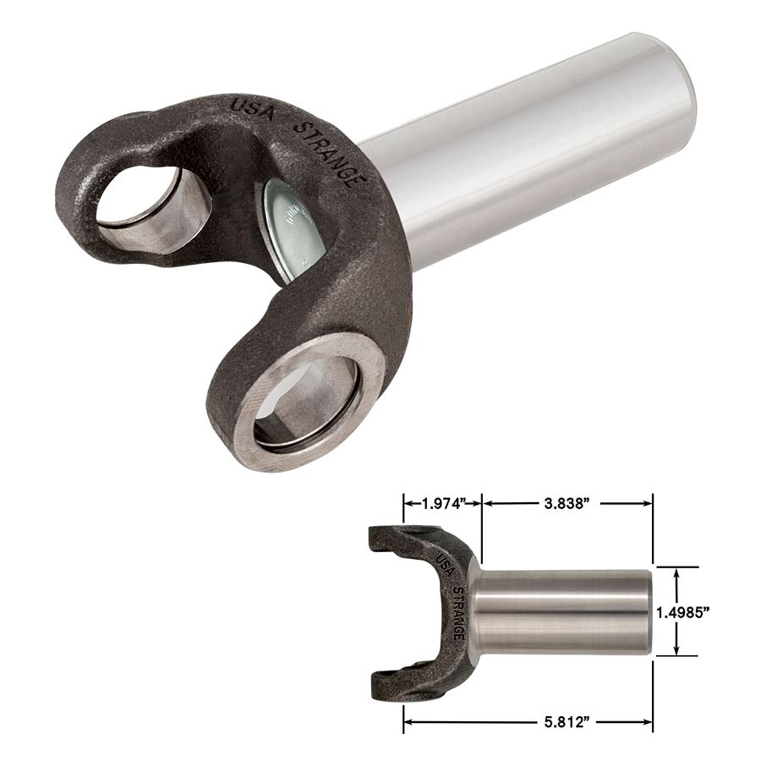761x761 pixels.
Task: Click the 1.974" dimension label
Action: [x=443, y=504]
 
